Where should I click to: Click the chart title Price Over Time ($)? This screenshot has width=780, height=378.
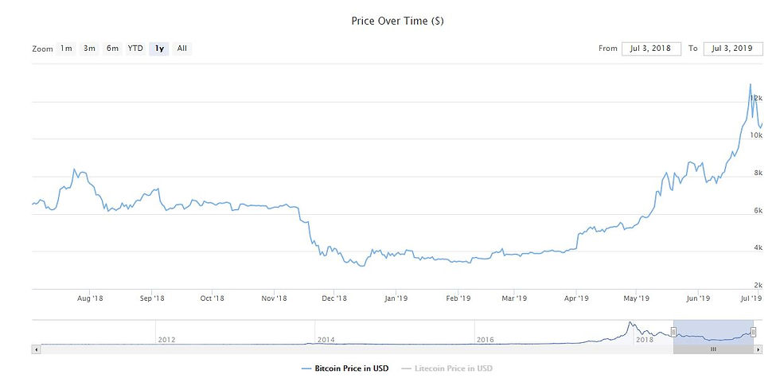pyautogui.click(x=397, y=21)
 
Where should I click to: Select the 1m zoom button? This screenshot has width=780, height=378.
pyautogui.click(x=66, y=49)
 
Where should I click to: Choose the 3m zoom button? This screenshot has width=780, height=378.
pyautogui.click(x=89, y=49)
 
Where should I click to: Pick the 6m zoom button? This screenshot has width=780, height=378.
pyautogui.click(x=112, y=49)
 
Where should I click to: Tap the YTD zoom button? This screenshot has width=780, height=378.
pyautogui.click(x=136, y=49)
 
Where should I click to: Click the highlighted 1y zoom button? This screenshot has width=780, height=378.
pyautogui.click(x=159, y=49)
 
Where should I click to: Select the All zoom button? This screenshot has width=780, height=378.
pyautogui.click(x=182, y=49)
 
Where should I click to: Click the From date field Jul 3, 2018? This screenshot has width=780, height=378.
pyautogui.click(x=651, y=49)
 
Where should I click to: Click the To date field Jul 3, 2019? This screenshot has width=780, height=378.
pyautogui.click(x=733, y=49)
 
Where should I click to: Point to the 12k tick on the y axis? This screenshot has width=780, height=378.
pyautogui.click(x=756, y=97)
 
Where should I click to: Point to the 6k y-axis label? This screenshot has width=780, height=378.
pyautogui.click(x=759, y=210)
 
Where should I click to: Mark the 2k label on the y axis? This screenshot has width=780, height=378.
pyautogui.click(x=759, y=284)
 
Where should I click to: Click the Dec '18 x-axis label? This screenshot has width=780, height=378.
pyautogui.click(x=334, y=298)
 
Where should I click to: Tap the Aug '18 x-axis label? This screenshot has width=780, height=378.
pyautogui.click(x=91, y=298)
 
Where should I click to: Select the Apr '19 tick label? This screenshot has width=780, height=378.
pyautogui.click(x=575, y=298)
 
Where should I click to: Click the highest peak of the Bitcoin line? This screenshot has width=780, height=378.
pyautogui.click(x=750, y=84)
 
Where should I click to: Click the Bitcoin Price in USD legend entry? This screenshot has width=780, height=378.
pyautogui.click(x=347, y=368)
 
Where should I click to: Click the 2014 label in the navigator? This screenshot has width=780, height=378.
pyautogui.click(x=326, y=339)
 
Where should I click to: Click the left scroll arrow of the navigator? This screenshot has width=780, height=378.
pyautogui.click(x=36, y=349)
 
